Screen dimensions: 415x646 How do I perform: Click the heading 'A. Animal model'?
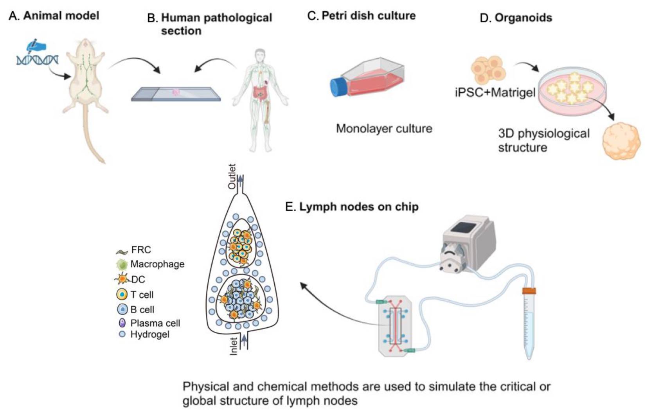(54, 16)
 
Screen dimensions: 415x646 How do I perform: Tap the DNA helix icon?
(37, 60)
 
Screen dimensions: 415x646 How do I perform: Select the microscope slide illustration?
(176, 94)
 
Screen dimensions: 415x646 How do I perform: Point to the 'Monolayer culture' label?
(384, 128)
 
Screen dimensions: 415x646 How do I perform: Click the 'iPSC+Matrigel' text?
(495, 93)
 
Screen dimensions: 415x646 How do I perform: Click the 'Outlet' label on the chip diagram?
(232, 176)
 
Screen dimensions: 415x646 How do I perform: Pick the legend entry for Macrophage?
(151, 264)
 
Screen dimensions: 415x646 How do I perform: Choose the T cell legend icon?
(122, 294)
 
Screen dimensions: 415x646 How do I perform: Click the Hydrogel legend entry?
(144, 334)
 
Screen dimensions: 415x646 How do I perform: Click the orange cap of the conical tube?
(529, 291)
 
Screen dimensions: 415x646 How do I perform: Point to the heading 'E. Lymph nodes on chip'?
(352, 207)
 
